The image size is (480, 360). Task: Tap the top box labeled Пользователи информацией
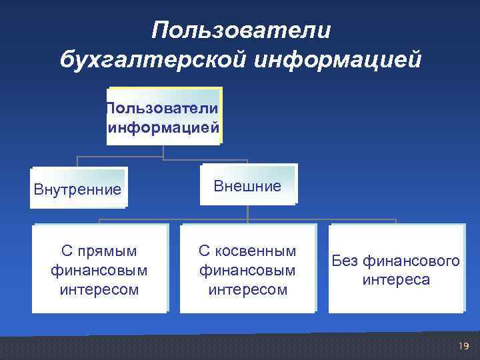[163, 116]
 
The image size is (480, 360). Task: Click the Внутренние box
[79, 189]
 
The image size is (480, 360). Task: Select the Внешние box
[247, 185]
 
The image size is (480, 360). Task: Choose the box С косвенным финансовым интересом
[247, 269]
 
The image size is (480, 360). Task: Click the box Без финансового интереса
[396, 269]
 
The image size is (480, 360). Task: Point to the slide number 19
[464, 345]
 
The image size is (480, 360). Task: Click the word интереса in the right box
[396, 279]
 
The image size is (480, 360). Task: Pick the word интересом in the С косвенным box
[247, 289]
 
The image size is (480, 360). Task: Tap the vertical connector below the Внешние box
[247, 212]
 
